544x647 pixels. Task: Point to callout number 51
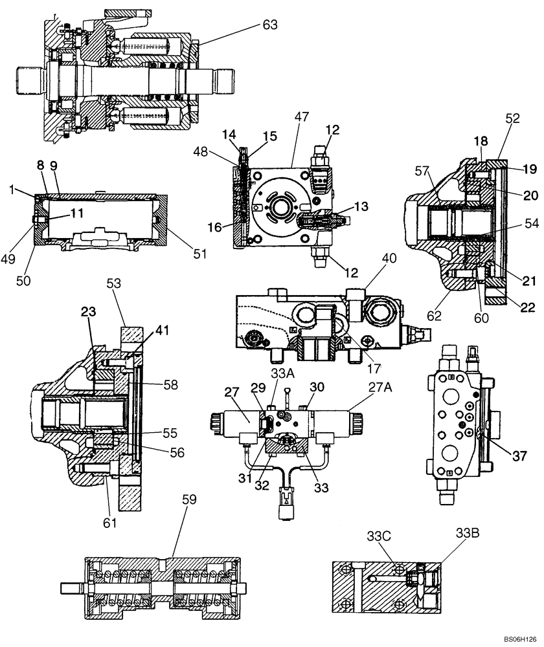point(199,254)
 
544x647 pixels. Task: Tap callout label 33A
point(278,391)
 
